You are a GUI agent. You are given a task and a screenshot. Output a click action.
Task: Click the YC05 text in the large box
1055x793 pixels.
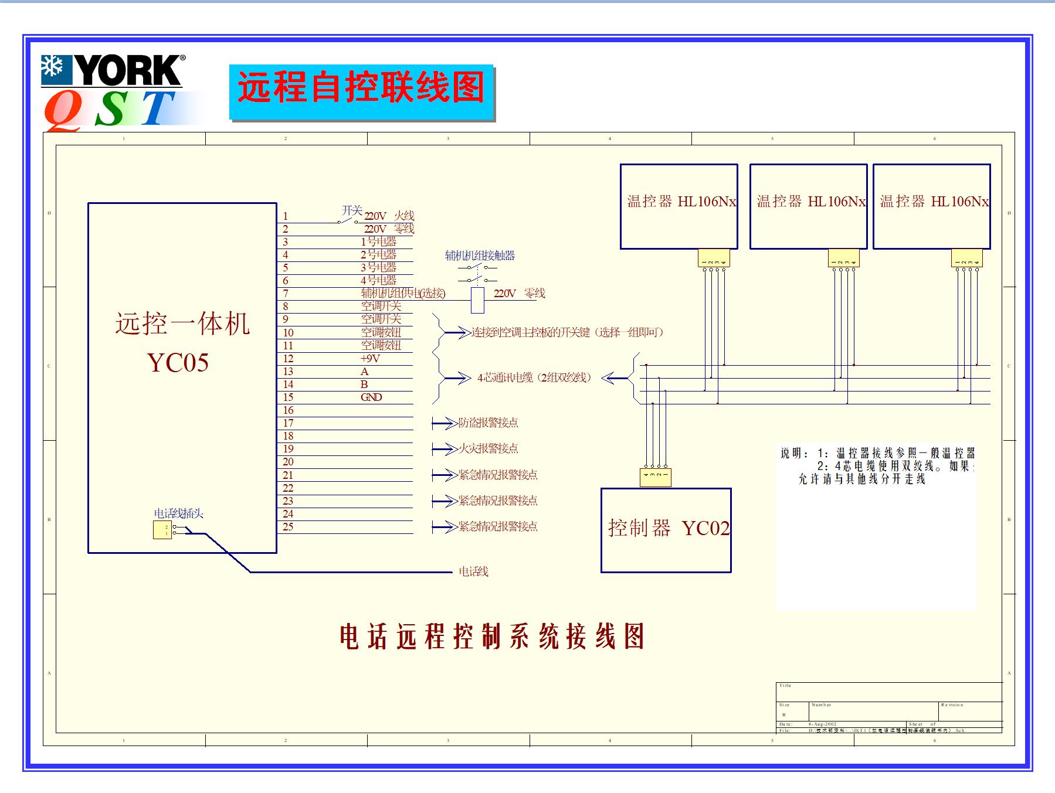[178, 362]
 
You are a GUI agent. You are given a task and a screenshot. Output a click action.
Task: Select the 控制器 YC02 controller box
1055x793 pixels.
[666, 530]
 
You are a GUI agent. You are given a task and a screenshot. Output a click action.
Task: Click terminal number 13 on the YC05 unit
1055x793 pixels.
[288, 372]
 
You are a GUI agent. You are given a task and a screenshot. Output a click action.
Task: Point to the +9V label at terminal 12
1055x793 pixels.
[370, 359]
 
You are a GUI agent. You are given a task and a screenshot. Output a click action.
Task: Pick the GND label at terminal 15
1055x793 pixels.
[371, 397]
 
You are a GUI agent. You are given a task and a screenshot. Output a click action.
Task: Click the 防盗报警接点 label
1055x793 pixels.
[488, 423]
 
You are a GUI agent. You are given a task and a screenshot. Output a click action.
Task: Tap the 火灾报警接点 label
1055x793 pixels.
[488, 448]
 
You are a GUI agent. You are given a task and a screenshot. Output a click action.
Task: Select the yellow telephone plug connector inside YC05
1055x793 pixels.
[162, 530]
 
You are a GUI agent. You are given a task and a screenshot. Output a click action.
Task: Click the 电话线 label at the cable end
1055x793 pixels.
[473, 571]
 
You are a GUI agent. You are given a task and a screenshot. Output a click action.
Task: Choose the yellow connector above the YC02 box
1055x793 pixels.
[655, 477]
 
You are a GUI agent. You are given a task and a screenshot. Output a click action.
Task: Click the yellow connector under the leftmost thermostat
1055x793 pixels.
[714, 258]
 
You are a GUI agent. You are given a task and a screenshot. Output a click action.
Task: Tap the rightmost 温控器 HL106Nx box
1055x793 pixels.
[931, 206]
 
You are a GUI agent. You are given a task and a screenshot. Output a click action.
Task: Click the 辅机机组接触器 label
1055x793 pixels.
[480, 256]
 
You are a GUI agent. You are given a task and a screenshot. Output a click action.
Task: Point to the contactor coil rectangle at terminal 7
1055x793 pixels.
[477, 300]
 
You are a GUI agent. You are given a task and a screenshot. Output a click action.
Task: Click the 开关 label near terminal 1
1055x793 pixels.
[352, 210]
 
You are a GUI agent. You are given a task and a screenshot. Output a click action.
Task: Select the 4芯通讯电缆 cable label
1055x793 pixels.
[534, 378]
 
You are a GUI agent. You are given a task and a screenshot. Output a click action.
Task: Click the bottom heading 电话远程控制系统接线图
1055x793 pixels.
[491, 637]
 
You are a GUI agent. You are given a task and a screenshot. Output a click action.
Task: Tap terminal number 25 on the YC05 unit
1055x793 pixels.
[288, 527]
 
